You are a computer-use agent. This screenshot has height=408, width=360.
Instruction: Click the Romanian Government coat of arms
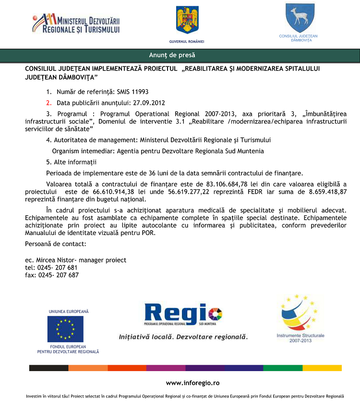(187, 20)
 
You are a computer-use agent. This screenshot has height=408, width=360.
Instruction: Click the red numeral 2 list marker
(48, 103)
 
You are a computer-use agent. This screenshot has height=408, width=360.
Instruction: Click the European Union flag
(65, 329)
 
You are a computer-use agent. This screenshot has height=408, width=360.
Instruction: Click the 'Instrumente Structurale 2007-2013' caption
(300, 337)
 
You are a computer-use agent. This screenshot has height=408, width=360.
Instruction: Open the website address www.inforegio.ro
(192, 383)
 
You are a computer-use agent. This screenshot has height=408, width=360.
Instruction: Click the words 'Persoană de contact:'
(56, 244)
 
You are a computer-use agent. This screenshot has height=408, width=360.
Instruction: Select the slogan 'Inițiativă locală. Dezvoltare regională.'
(183, 337)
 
